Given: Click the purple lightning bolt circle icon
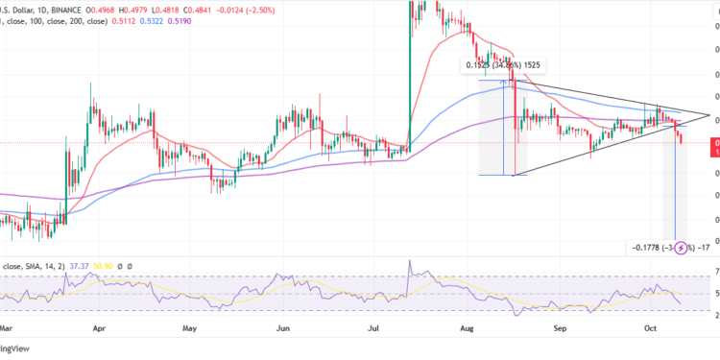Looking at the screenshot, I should click(x=684, y=249).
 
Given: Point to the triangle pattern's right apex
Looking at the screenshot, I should click(x=708, y=116).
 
